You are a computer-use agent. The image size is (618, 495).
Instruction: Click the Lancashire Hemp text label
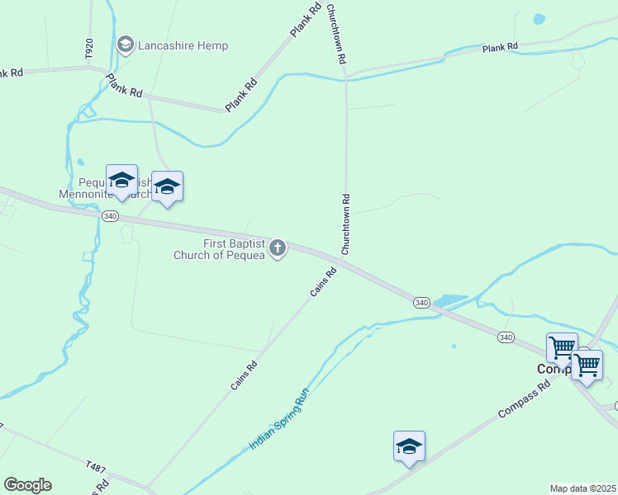(183, 45)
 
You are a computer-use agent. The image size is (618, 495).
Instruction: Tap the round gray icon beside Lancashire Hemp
(126, 45)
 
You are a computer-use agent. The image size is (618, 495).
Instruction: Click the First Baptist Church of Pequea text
(219, 249)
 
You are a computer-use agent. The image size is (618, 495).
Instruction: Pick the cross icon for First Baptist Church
(278, 247)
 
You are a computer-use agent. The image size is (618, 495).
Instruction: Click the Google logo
(27, 485)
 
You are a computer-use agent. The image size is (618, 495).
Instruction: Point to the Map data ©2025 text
(583, 488)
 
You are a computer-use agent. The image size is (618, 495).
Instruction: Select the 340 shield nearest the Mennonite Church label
(110, 215)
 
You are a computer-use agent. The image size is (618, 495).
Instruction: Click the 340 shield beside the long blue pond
(421, 303)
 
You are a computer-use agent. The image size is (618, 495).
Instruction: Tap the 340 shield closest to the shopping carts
(506, 337)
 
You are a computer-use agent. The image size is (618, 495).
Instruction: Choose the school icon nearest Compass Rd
(409, 446)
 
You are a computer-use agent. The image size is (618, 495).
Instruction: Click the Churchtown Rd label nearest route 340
(347, 224)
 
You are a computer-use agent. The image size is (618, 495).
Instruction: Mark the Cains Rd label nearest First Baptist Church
(323, 282)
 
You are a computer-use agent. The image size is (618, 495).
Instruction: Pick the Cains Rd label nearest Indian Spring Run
(245, 375)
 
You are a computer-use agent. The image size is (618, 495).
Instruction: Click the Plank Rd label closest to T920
(124, 85)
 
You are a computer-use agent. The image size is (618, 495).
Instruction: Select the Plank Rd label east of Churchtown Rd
(500, 48)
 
